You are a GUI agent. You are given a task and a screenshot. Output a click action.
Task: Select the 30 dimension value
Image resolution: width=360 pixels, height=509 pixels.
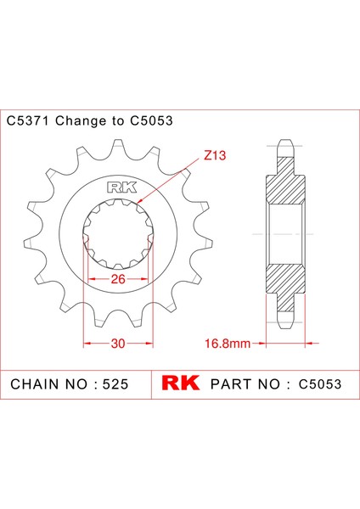point(118,344)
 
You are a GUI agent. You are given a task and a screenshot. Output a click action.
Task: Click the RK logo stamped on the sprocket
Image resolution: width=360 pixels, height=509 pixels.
point(118,189)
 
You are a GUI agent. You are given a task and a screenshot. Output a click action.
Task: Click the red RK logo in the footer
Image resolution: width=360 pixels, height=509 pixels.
point(180,383)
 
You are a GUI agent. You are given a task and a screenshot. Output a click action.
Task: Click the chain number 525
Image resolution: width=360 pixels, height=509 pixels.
point(114,384)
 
